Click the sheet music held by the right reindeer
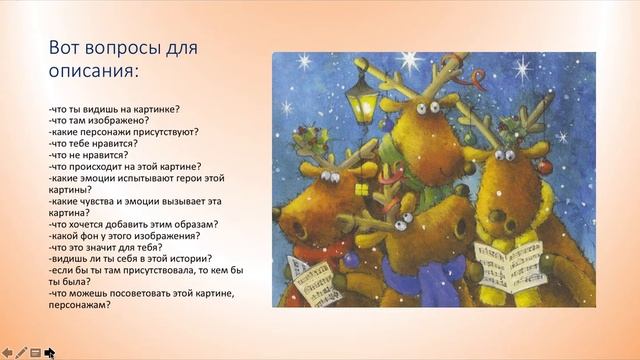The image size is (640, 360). pyautogui.click(x=509, y=265)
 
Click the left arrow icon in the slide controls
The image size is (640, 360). pyautogui.click(x=7, y=352)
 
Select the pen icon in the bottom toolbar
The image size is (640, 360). pyautogui.click(x=21, y=352)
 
